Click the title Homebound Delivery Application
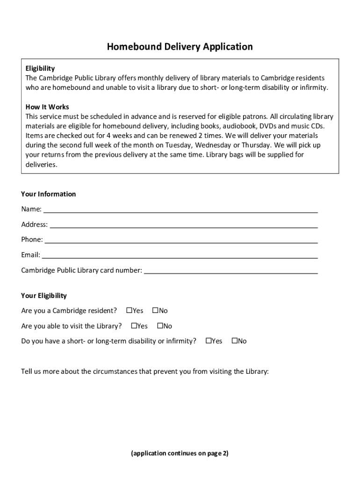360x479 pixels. click(180, 47)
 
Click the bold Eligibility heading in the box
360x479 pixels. click(40, 68)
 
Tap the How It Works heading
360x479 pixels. click(47, 107)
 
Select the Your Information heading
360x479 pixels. click(48, 194)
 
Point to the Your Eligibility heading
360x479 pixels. click(44, 296)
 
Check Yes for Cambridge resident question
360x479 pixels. click(130, 311)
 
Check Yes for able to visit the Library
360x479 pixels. click(134, 326)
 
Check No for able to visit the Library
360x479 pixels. click(160, 326)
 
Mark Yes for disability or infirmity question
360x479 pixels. click(209, 341)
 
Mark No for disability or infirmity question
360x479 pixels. click(235, 341)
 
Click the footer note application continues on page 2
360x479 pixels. click(180, 453)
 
